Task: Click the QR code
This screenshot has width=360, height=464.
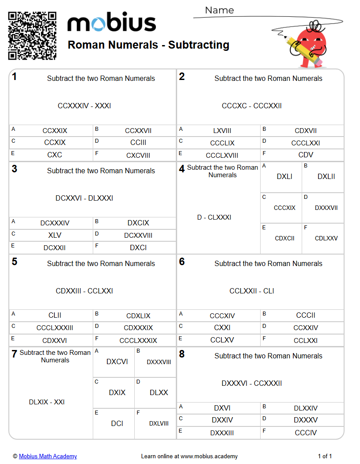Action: click(x=32, y=36)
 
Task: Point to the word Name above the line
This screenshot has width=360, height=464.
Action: click(x=220, y=10)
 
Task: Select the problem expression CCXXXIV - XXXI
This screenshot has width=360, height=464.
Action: click(x=84, y=106)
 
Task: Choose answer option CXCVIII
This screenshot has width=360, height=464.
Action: click(x=138, y=155)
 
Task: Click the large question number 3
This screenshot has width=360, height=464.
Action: click(x=15, y=169)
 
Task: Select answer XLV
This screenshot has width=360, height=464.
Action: click(x=55, y=236)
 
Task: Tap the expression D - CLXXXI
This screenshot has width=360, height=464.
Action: click(x=214, y=217)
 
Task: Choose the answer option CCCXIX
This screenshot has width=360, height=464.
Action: click(x=284, y=208)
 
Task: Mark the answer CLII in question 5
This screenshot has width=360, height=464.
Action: click(x=55, y=316)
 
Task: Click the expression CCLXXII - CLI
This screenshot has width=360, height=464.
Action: click(x=252, y=291)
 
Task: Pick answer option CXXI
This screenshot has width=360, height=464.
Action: click(x=222, y=328)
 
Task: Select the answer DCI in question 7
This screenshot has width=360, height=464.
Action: click(x=117, y=423)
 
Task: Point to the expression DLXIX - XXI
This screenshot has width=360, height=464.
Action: click(x=47, y=402)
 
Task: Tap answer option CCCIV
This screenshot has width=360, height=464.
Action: click(x=306, y=433)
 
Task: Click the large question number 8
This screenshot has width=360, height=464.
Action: click(x=182, y=354)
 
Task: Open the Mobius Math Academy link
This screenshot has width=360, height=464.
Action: click(x=48, y=456)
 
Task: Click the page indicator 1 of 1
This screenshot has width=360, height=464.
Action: click(x=325, y=456)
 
